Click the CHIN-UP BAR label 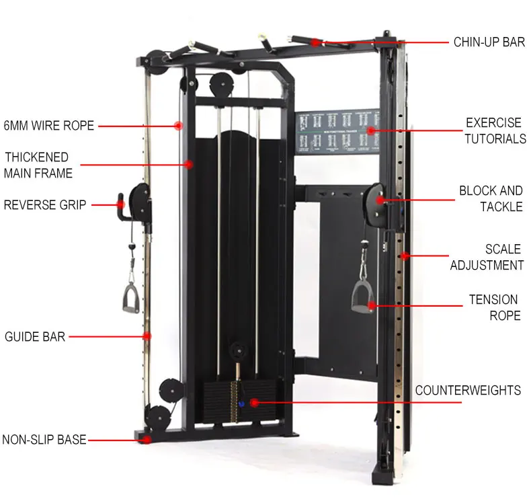[x=489, y=42]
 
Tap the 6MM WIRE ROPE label [x=48, y=125]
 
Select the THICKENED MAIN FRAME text [x=38, y=165]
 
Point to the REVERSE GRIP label [x=45, y=204]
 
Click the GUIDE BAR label [x=35, y=336]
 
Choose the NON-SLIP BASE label [x=44, y=440]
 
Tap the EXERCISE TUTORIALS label [x=494, y=131]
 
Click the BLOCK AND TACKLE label [x=491, y=198]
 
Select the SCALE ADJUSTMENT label [x=487, y=257]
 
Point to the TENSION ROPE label [x=493, y=307]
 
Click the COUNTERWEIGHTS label [x=468, y=390]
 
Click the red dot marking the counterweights [x=254, y=402]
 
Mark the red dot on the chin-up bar [x=315, y=42]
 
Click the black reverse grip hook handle [x=122, y=204]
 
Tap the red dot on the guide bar [x=147, y=336]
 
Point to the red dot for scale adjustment [x=405, y=256]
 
